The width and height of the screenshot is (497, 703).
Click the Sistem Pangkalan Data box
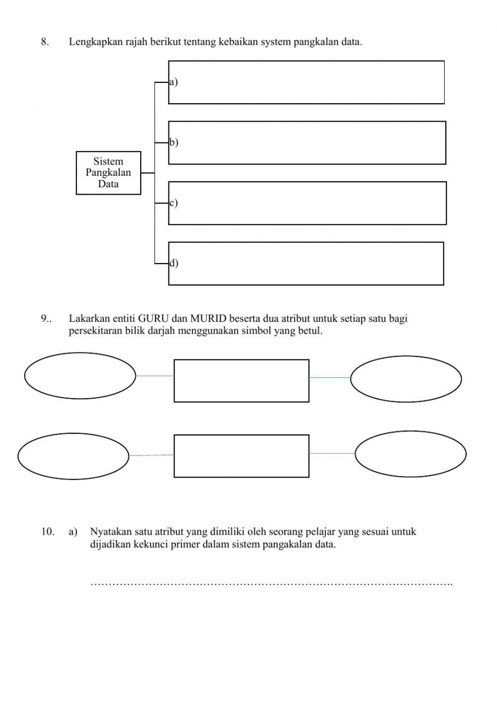pos(108,173)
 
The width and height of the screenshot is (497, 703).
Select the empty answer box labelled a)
pos(306,82)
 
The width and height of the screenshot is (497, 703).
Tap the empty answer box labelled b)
pos(307,143)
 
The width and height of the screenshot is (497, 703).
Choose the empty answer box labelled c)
pos(307,203)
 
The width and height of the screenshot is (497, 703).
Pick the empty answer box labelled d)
pos(306,264)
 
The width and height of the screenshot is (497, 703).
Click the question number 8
pos(45,42)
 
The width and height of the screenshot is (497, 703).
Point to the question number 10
pos(48,532)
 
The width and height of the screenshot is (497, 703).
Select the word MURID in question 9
pos(208,319)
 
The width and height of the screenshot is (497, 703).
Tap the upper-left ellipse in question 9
pos(80,375)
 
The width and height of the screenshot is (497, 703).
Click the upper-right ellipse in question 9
pos(406,379)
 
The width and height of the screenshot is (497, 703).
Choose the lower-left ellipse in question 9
pos(74,456)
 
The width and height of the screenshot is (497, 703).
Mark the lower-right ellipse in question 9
pos(411,454)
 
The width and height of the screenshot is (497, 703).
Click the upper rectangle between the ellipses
pos(242,381)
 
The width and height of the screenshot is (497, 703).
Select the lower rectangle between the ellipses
pos(242,456)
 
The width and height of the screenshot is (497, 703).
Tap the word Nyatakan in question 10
pos(109,532)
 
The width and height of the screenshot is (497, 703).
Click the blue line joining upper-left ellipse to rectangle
pos(155,376)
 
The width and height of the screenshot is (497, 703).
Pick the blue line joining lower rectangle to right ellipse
pos(332,453)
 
